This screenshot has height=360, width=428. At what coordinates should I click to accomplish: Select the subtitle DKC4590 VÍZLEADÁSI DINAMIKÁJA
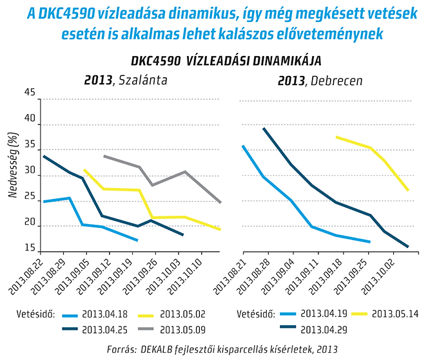pos(226,61)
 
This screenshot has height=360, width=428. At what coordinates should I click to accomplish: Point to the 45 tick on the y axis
pos(29,93)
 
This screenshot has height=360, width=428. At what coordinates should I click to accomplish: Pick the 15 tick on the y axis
pos(29,248)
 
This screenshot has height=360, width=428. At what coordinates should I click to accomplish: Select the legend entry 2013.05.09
pos(186,329)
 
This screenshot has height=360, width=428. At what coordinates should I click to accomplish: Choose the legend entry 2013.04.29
pos(326,329)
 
